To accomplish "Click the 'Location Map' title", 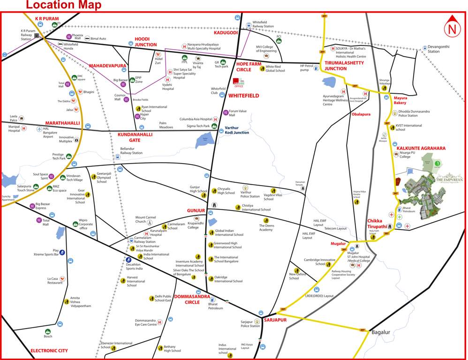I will point(63,5).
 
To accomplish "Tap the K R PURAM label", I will point(47,19).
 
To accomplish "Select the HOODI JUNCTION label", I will point(145,41).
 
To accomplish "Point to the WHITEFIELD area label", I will point(243,96).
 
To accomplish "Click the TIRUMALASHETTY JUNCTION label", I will point(342,66).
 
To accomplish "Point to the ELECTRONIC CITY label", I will point(49,351).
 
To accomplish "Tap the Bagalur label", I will point(380,332).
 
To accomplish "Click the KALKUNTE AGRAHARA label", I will point(421,148).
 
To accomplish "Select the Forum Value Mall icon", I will point(226,112).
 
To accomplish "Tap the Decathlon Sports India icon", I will point(128,260).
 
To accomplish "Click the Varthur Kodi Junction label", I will point(237,130).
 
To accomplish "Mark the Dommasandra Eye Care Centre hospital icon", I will point(159,322).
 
